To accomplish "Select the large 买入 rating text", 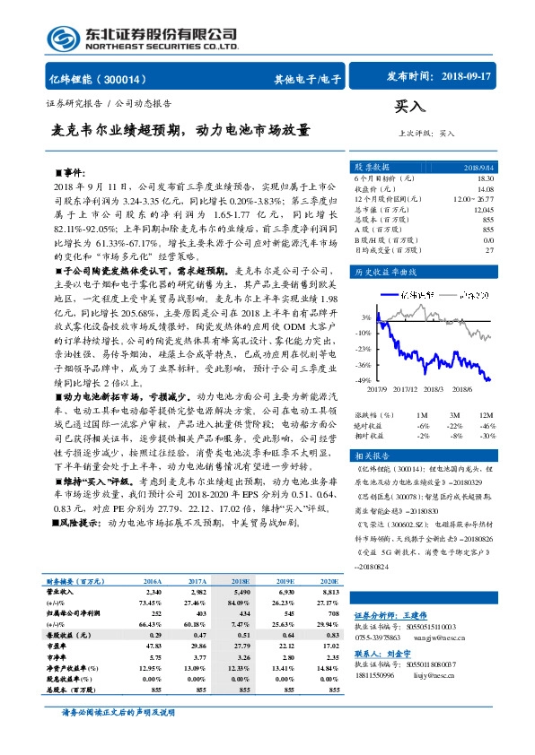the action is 409,108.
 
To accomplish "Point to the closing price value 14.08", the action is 485,188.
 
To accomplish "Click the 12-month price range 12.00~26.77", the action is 474,198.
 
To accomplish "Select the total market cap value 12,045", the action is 483,209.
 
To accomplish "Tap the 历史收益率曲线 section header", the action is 386,271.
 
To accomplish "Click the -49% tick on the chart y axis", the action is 364,381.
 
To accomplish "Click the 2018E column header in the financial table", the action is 241,582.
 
